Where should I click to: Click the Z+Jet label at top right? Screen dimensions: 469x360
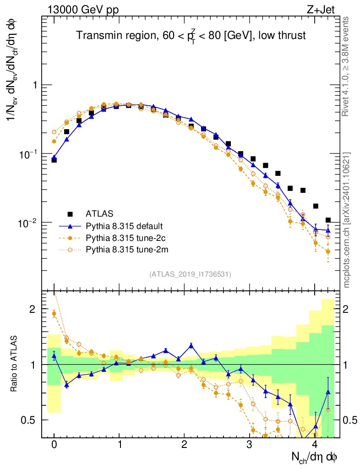point(326,9)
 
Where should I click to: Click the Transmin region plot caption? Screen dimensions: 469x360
point(191,36)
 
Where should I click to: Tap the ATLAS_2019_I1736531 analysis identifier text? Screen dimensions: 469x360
point(190,274)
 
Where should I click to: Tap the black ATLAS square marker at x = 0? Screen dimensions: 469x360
point(54,160)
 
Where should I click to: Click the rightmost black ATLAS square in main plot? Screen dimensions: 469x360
point(327,220)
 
